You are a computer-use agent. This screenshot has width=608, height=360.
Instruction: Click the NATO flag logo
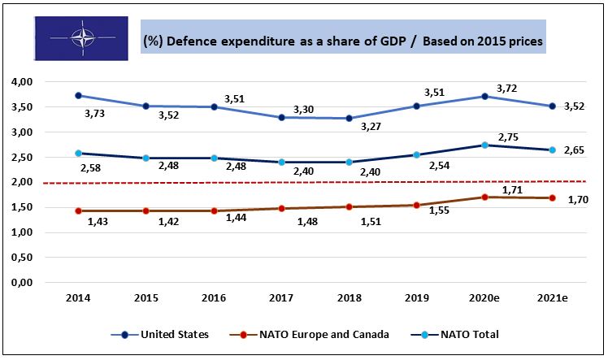(x=82, y=38)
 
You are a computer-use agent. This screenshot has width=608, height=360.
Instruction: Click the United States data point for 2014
(x=79, y=95)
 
